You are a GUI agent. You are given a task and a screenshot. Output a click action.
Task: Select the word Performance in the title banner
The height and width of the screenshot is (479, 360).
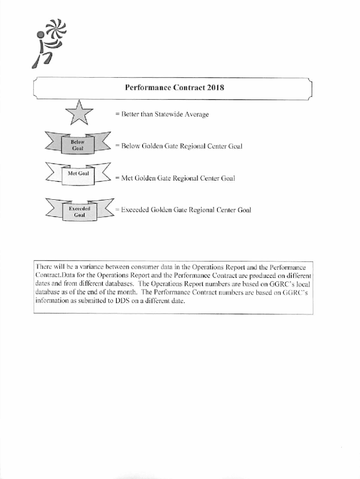(148, 87)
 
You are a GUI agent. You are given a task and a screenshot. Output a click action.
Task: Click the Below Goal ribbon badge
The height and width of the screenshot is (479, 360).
(77, 145)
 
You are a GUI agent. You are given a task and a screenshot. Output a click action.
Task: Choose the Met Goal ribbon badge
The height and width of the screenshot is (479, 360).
(78, 174)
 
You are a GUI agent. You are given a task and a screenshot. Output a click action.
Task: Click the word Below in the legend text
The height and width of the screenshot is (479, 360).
(132, 146)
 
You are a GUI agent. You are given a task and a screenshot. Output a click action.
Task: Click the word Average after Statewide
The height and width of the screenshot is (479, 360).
(197, 115)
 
